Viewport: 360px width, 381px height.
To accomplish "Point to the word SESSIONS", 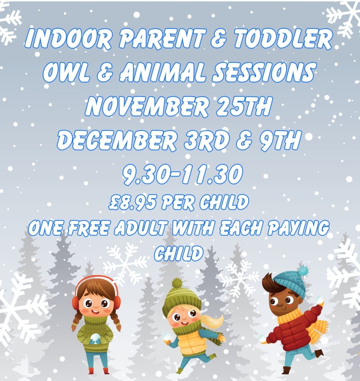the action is [x=264, y=72].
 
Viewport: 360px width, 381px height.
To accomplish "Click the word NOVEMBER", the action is [x=147, y=106].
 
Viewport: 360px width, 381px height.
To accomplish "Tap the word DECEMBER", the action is [x=117, y=140].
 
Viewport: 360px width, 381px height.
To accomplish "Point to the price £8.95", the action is [x=132, y=202].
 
